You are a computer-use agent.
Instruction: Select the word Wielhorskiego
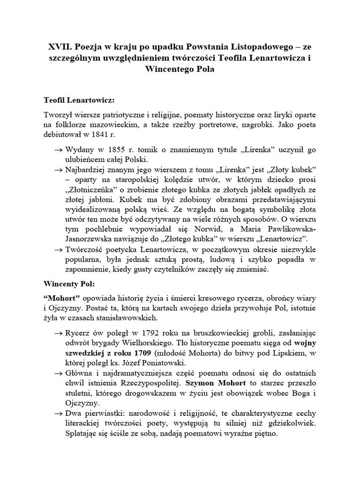(149, 342)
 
